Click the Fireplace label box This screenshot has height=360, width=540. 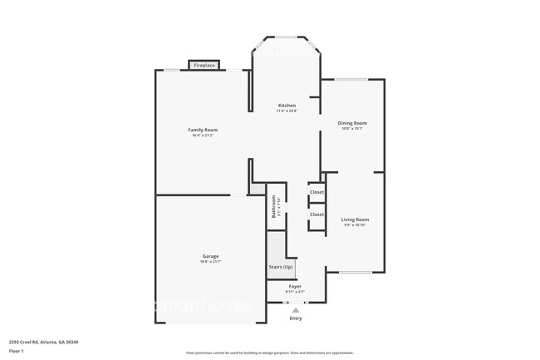[x=204, y=65]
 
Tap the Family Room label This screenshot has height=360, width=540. [x=203, y=130]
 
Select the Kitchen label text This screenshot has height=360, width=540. [x=287, y=106]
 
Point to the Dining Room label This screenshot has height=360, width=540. [x=353, y=123]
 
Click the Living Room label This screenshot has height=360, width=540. [x=355, y=219]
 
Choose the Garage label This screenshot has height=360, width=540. [x=209, y=256]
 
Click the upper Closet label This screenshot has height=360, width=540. [x=317, y=192]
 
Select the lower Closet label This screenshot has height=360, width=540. [x=317, y=215]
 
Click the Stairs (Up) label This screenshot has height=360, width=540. [x=281, y=267]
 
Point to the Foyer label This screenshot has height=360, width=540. [x=295, y=287]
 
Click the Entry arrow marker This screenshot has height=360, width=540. [x=295, y=310]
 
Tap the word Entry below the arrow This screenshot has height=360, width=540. [x=295, y=318]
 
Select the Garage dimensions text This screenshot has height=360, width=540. [x=209, y=262]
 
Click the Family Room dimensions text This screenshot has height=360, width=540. [x=203, y=136]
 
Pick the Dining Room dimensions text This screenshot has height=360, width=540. [x=353, y=129]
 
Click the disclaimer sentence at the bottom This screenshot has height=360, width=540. [x=269, y=353]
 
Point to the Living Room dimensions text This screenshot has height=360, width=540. [x=355, y=225]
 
